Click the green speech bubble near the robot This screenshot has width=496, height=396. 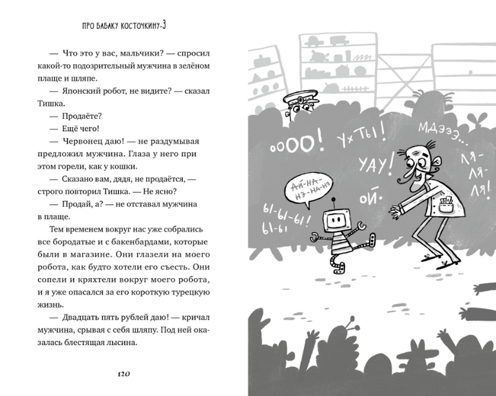308,188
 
